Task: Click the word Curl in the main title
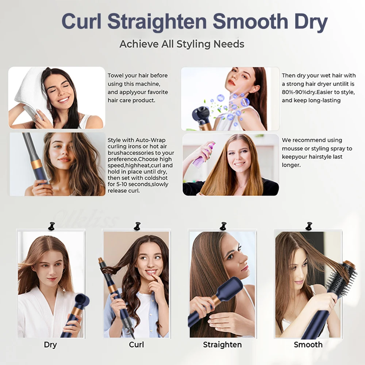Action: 81,22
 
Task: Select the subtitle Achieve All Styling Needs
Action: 182,44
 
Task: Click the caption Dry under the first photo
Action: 50,345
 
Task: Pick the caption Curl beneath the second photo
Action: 137,345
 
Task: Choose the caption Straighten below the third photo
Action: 222,345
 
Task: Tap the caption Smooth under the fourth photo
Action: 308,345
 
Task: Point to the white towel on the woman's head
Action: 31,89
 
